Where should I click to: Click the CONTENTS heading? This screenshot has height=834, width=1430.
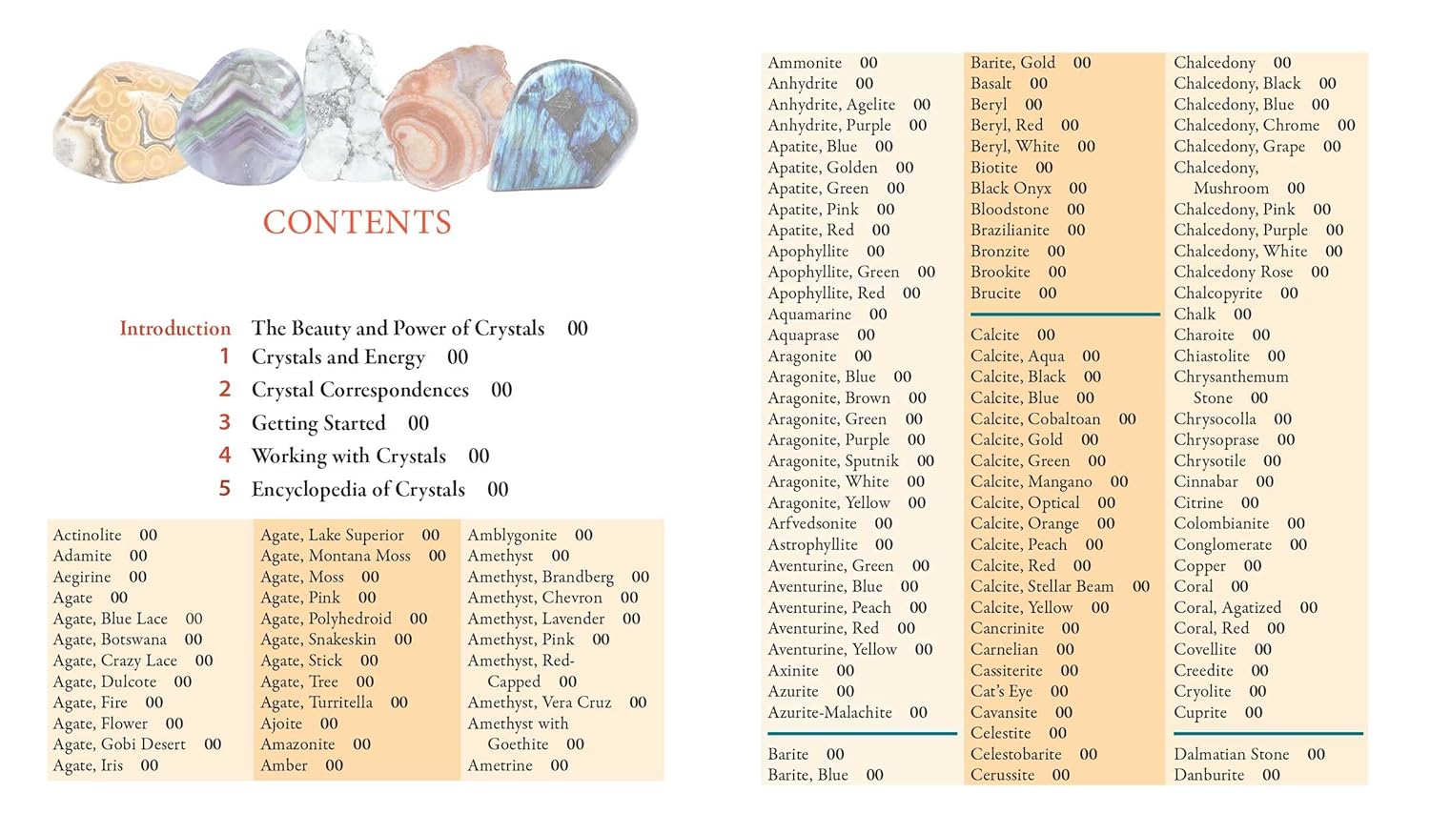click(357, 222)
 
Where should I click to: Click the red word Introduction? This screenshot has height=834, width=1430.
click(174, 329)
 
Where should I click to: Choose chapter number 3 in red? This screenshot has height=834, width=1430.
click(225, 422)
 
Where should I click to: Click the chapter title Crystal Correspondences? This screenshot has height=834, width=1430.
click(359, 390)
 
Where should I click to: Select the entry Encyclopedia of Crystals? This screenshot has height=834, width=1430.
click(357, 490)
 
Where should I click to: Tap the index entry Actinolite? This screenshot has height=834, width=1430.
click(88, 535)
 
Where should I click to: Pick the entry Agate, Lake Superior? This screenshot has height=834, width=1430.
click(332, 535)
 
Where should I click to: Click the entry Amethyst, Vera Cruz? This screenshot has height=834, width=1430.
click(539, 702)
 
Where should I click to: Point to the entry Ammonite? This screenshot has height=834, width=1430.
click(805, 63)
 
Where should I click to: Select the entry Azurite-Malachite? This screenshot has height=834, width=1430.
click(829, 712)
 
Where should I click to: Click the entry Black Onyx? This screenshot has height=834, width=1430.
click(1011, 189)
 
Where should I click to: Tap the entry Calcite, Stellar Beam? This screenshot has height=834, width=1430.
click(1041, 586)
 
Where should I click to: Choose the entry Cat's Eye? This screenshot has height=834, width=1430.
click(1001, 691)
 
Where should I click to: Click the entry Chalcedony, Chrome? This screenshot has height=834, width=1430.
click(1246, 126)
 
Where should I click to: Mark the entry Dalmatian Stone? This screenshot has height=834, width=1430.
click(1231, 754)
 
